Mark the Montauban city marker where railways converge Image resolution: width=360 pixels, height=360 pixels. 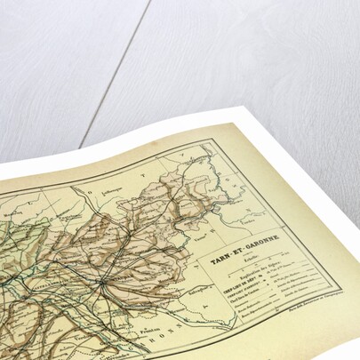pyautogui.click(x=103, y=282)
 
